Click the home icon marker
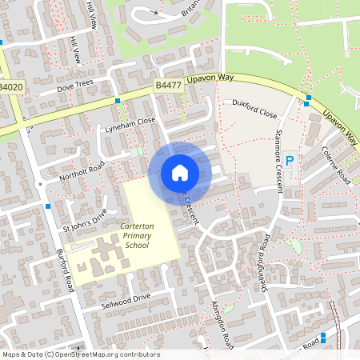point(180,172)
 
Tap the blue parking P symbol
point(290,160)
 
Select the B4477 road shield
point(168,85)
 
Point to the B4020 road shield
point(11,86)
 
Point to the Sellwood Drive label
point(126,302)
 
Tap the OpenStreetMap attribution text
point(81,354)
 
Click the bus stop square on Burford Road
point(49,206)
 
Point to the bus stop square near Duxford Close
point(308,100)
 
